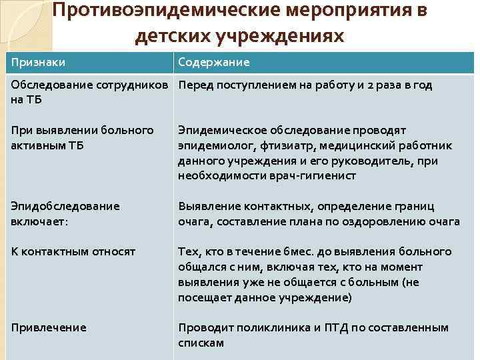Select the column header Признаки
coord(39,62)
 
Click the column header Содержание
coord(214,62)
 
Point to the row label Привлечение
coord(49,327)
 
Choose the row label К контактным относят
coord(73,251)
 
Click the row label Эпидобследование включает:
coord(65,213)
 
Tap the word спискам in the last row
coord(201,343)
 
